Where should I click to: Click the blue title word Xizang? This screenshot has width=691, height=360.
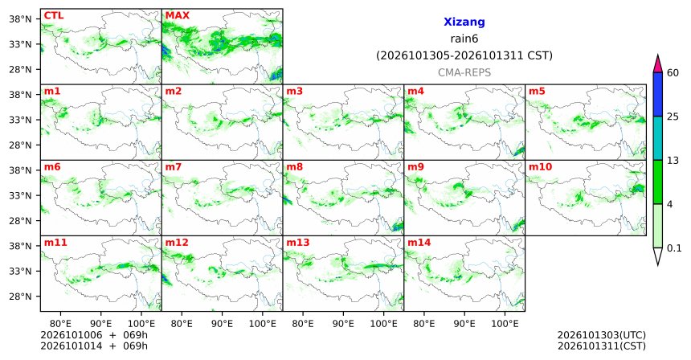(464, 22)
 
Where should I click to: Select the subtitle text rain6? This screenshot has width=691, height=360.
(464, 39)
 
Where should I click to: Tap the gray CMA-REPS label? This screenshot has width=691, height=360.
(464, 72)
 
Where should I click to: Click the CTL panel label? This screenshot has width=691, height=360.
(54, 15)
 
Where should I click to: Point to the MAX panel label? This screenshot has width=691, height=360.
(177, 15)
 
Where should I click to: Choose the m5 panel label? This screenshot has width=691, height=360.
(537, 92)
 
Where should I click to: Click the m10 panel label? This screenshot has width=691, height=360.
(540, 167)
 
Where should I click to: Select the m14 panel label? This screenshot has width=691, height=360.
(419, 243)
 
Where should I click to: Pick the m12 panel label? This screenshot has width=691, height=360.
(177, 243)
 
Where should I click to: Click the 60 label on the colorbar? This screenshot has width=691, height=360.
(673, 72)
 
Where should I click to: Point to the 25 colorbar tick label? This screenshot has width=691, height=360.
(673, 117)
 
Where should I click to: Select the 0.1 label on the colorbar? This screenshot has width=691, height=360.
(674, 248)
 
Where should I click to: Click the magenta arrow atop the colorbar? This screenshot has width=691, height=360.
(658, 64)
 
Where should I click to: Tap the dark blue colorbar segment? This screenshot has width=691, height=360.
(658, 94)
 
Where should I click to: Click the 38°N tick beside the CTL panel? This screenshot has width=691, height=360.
(20, 19)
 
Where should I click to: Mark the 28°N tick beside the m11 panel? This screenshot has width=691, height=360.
(20, 297)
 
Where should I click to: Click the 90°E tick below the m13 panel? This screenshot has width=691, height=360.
(343, 324)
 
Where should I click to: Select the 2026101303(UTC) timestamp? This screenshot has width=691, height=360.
(602, 335)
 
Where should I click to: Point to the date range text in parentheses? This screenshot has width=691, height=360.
(464, 56)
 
